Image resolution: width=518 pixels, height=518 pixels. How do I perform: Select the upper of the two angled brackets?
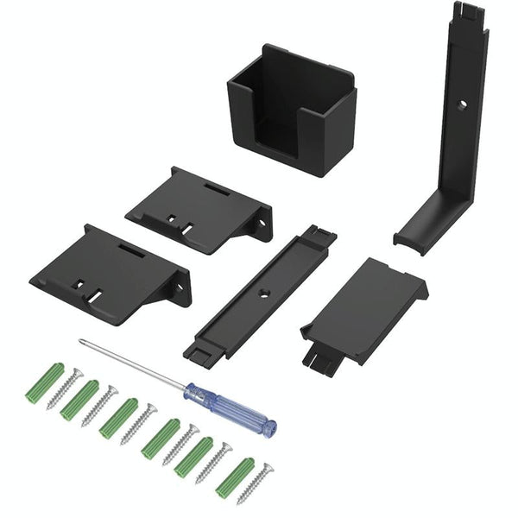tap(199, 210)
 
